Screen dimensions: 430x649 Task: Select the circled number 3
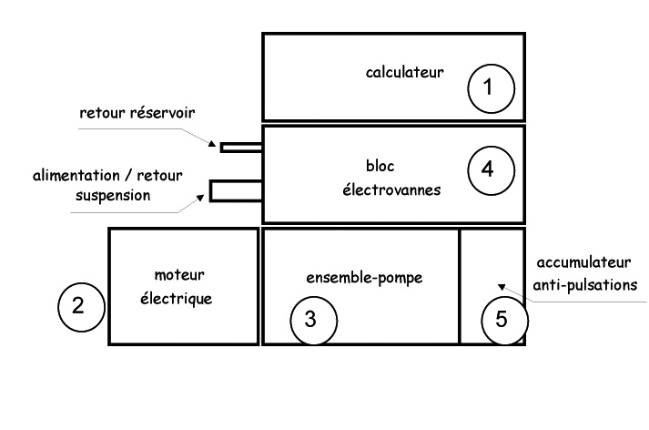click(x=312, y=320)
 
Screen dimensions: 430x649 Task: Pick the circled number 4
click(x=490, y=169)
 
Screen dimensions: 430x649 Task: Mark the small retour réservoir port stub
click(x=240, y=145)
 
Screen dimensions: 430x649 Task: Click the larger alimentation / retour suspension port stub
click(x=236, y=190)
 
